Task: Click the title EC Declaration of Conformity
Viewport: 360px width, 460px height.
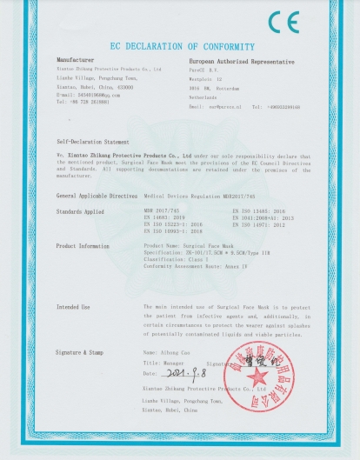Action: coord(179,45)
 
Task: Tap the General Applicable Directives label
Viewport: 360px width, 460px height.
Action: coord(97,197)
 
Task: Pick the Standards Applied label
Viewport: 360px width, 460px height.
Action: coord(82,211)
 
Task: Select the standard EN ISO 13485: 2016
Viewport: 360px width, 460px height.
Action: coord(259,211)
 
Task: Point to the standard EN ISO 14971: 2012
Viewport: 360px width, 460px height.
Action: coord(259,224)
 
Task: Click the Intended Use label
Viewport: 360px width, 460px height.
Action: coord(73,307)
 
